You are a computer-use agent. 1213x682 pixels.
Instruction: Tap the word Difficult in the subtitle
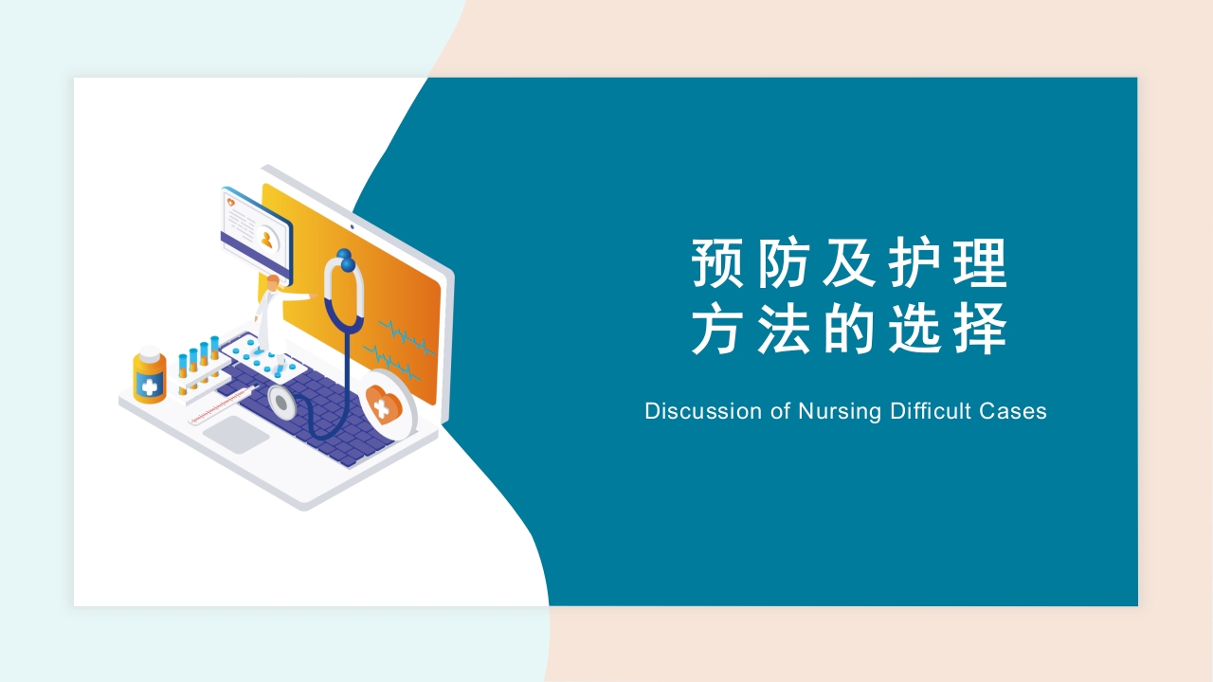(x=930, y=411)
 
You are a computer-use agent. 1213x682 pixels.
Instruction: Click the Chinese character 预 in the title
(x=717, y=263)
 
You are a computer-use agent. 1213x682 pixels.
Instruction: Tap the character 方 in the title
(x=717, y=329)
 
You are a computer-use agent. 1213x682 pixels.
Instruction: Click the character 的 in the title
(x=848, y=329)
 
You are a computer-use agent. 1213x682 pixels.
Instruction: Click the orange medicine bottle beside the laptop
(x=150, y=375)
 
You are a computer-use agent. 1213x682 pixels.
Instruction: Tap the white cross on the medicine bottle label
(x=150, y=386)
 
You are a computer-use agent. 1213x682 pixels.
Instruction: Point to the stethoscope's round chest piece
(x=281, y=403)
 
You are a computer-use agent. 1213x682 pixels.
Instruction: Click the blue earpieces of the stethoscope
(x=346, y=260)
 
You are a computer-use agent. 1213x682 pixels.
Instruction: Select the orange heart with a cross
(x=384, y=404)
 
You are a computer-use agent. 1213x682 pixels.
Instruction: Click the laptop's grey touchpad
(x=236, y=434)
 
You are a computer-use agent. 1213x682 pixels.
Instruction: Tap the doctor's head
(x=273, y=282)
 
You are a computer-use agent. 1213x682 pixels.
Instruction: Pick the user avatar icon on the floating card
(x=266, y=239)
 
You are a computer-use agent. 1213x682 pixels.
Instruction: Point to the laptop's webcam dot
(x=352, y=226)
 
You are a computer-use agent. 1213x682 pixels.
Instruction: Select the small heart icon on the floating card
(x=231, y=203)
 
